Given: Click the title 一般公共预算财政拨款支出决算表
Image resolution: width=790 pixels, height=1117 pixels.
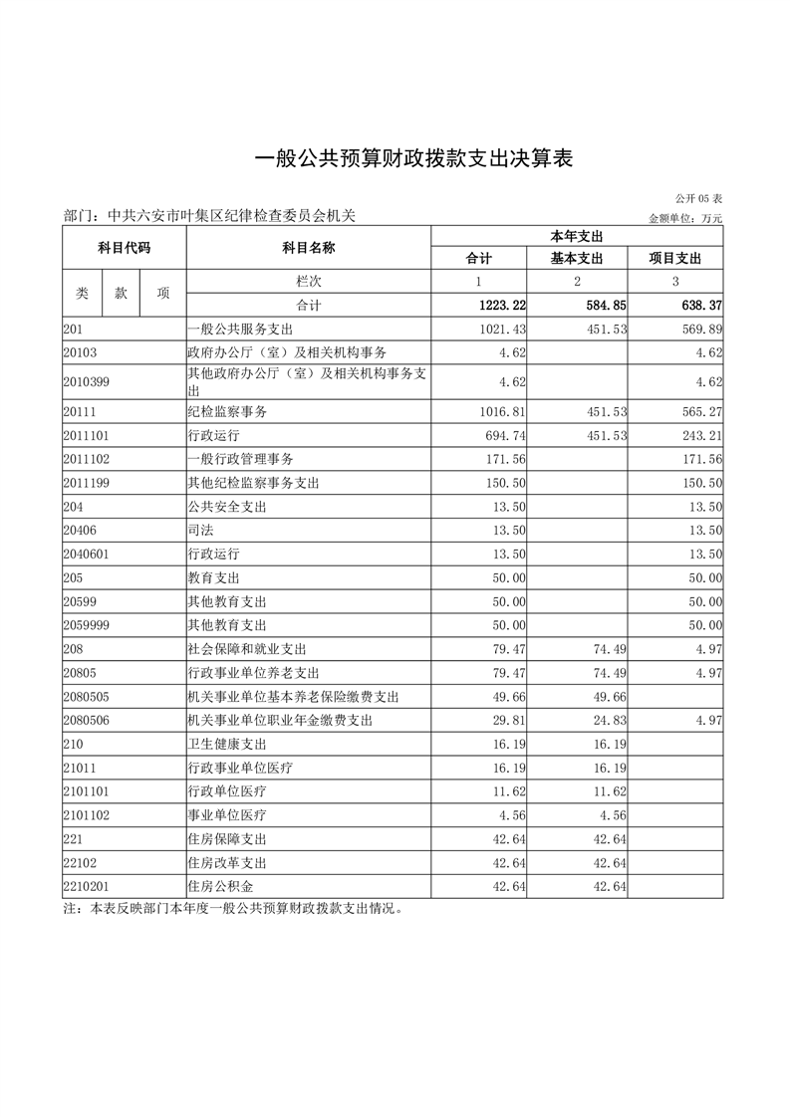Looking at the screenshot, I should (414, 159).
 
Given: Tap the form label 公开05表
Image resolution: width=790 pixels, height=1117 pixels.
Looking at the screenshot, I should (698, 199).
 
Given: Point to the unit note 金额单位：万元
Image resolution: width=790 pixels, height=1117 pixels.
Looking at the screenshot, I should (684, 218).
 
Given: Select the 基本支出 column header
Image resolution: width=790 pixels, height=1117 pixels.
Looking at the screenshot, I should (577, 259).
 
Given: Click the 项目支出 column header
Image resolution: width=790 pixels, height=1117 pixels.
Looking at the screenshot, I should (675, 259).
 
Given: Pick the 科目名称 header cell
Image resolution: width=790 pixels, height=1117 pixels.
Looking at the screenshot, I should (308, 247).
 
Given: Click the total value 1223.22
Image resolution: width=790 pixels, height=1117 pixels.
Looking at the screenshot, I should (496, 305).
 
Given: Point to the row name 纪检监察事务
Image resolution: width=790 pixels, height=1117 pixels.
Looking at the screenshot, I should (227, 410).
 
